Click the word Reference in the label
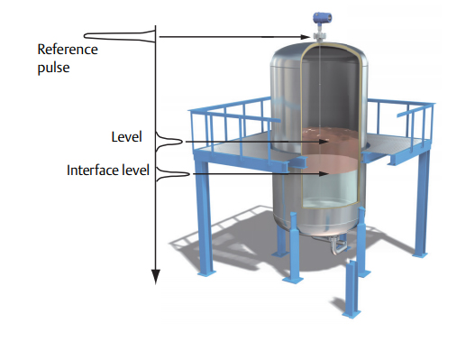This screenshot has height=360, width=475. click(69, 50)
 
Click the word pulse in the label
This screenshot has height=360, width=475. click(53, 65)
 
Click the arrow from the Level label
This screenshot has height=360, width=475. click(243, 141)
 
